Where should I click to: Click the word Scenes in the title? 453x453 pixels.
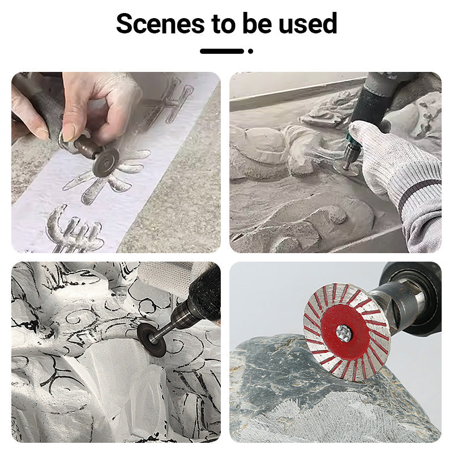coord(160,23)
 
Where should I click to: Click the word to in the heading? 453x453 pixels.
coord(223,24)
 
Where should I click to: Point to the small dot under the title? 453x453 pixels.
coord(250,51)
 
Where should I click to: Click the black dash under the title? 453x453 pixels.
coord(222,51)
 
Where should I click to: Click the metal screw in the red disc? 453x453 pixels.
coord(344,333)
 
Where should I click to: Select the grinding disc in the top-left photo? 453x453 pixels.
coord(106,163)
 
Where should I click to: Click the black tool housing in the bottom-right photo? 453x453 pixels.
coord(416,298)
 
